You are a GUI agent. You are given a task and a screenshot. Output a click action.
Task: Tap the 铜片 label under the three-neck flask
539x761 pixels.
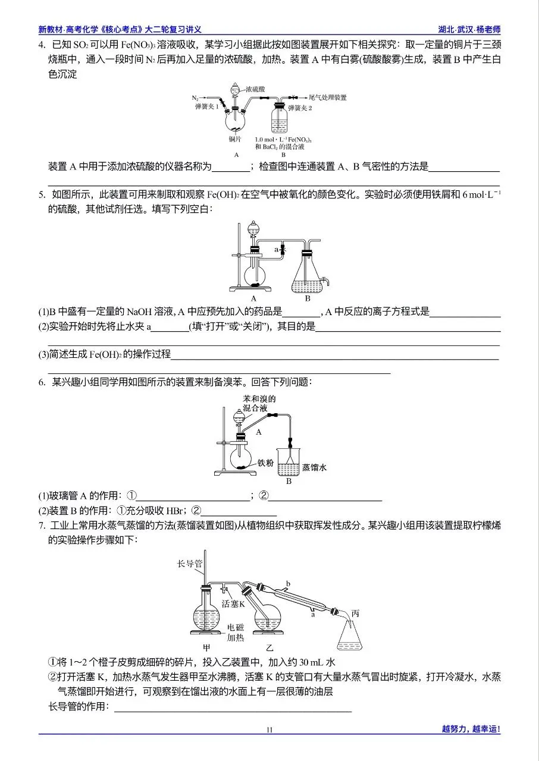click(x=236, y=139)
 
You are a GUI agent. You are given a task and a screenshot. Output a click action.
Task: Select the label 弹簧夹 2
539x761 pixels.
click(x=300, y=108)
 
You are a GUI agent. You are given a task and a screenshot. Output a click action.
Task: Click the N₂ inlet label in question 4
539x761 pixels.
click(x=195, y=98)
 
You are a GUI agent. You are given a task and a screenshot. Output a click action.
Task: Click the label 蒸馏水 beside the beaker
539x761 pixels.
click(x=315, y=467)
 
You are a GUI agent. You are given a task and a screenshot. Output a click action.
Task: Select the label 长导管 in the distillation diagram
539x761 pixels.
click(x=190, y=563)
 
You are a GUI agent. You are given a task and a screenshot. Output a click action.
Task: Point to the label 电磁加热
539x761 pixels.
click(x=236, y=633)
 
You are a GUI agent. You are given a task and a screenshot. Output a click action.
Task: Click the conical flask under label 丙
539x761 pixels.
click(x=351, y=637)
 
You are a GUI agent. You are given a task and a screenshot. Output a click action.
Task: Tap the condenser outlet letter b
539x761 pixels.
click(x=288, y=584)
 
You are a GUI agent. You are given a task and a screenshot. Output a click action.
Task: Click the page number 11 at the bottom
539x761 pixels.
click(x=269, y=729)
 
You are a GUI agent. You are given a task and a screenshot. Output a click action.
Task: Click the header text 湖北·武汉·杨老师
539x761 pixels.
click(x=468, y=29)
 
